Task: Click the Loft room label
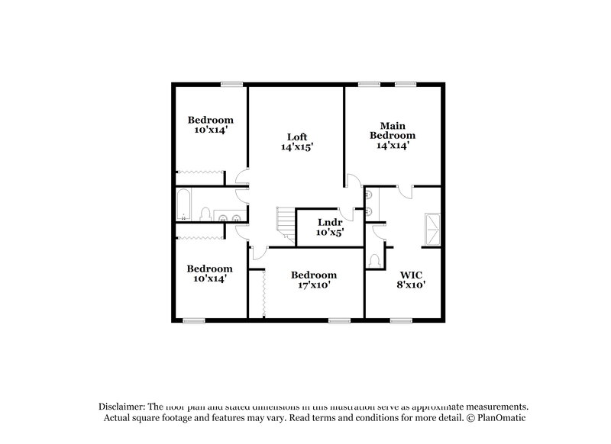pyautogui.click(x=296, y=137)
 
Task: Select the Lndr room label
pyautogui.click(x=330, y=222)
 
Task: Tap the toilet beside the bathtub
pyautogui.click(x=204, y=214)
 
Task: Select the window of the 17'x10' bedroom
pyautogui.click(x=339, y=320)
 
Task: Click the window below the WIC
pyautogui.click(x=401, y=320)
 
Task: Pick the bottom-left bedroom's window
pyautogui.click(x=194, y=320)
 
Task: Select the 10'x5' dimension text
pyautogui.click(x=330, y=233)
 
